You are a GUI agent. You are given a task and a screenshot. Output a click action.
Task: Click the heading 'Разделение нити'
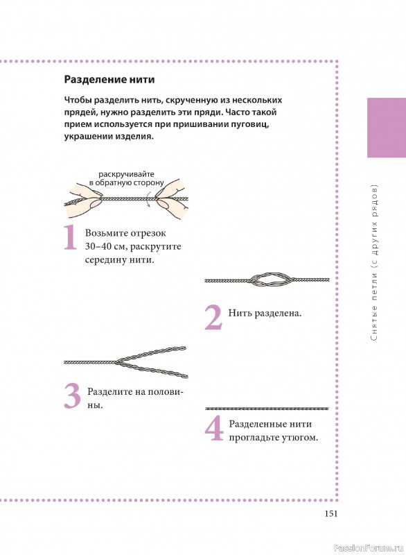pos(109,80)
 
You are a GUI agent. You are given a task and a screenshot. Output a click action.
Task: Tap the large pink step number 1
pos(70,237)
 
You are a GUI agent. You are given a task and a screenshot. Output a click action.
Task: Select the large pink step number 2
pos(213,318)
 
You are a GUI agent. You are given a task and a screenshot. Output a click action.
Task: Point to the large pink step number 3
pos(73,395)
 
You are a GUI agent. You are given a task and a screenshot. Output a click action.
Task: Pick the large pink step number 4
pos(214,428)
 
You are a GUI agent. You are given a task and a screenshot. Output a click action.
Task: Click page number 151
pos(331,513)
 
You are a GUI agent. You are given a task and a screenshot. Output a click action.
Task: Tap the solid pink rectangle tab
pos(387,128)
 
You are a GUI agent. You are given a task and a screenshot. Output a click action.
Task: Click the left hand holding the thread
pos(83,200)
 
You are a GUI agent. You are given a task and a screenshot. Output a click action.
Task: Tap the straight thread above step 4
pos(267,409)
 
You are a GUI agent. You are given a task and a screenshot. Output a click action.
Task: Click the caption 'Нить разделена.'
pos(265,314)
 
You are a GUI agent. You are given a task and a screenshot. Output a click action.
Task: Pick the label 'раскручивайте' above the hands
pos(127,174)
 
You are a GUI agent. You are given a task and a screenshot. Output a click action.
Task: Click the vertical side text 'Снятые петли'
pos(375,307)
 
